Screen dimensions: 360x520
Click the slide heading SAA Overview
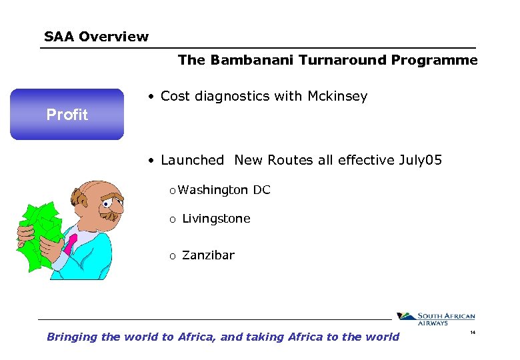(x=96, y=37)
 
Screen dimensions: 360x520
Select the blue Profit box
(x=67, y=114)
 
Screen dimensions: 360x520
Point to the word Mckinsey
(x=337, y=97)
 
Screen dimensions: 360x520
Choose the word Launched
(x=193, y=160)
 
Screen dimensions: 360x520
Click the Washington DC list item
(x=224, y=190)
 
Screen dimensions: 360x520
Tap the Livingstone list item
(x=216, y=219)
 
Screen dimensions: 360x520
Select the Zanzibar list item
(x=208, y=255)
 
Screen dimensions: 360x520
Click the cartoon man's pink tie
(x=69, y=244)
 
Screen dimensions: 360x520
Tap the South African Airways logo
(x=436, y=319)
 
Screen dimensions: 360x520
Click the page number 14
(x=473, y=332)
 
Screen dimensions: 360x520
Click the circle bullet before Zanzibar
(x=171, y=256)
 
